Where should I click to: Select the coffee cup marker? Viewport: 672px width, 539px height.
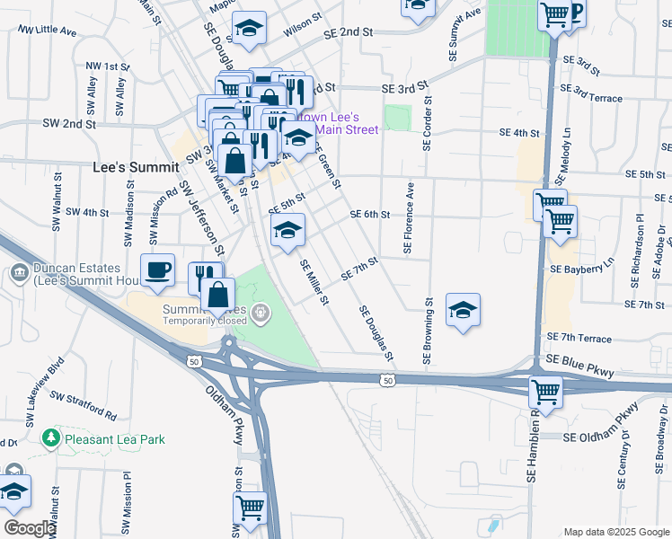pyautogui.click(x=158, y=269)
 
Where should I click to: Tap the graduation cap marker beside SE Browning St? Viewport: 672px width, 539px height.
pyautogui.click(x=463, y=310)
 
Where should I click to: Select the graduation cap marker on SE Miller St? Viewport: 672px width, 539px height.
pyautogui.click(x=287, y=230)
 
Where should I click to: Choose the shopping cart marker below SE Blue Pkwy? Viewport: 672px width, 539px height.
pyautogui.click(x=546, y=391)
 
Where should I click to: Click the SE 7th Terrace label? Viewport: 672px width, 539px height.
pyautogui.click(x=579, y=338)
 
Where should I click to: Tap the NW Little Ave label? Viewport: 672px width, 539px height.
pyautogui.click(x=48, y=30)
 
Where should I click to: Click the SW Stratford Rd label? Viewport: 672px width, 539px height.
pyautogui.click(x=83, y=405)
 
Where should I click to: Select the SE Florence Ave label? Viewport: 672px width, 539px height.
pyautogui.click(x=409, y=219)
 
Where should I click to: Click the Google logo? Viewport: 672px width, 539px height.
pyautogui.click(x=29, y=528)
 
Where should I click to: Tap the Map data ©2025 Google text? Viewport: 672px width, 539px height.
pyautogui.click(x=615, y=532)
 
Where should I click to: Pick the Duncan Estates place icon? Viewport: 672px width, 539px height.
pyautogui.click(x=20, y=271)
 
